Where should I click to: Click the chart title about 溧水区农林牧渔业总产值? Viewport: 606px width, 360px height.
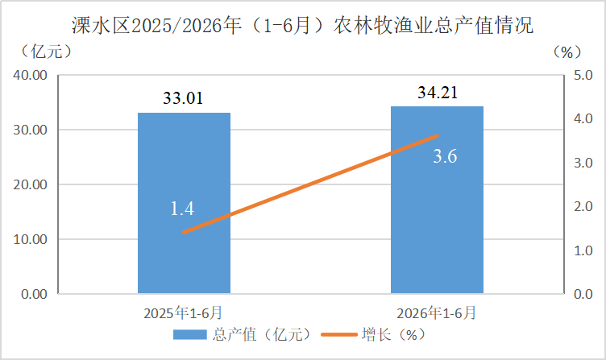[303, 26]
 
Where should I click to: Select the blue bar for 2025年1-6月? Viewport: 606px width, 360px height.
[184, 203]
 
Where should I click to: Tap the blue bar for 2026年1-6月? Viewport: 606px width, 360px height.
[437, 200]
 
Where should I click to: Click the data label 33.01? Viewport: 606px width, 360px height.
[183, 98]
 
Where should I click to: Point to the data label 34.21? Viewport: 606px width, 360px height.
[438, 93]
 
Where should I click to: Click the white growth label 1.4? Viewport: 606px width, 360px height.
[182, 209]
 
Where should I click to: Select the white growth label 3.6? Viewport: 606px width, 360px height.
[445, 156]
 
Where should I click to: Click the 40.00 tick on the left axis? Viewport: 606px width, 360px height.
[30, 75]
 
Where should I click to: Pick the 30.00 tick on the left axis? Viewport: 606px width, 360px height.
[30, 130]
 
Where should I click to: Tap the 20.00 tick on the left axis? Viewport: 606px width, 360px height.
[30, 184]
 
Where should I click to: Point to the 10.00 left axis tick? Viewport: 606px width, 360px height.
[30, 239]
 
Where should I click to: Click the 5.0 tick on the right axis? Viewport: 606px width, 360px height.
[583, 75]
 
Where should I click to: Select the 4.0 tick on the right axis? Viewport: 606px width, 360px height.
[583, 118]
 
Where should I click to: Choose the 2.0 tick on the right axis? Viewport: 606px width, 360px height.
[583, 206]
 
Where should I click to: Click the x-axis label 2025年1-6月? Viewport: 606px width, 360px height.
[183, 312]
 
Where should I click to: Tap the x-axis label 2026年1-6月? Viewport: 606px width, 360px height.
[436, 312]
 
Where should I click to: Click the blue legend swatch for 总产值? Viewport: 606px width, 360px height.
[189, 334]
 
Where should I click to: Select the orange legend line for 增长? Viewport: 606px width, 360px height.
[339, 334]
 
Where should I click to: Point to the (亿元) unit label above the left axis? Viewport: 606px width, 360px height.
[46, 52]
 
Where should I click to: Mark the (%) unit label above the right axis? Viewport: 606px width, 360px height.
[567, 52]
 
